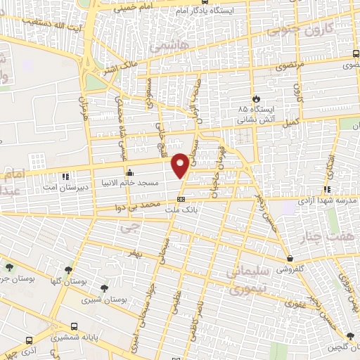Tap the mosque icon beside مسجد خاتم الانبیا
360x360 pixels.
(129, 172)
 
